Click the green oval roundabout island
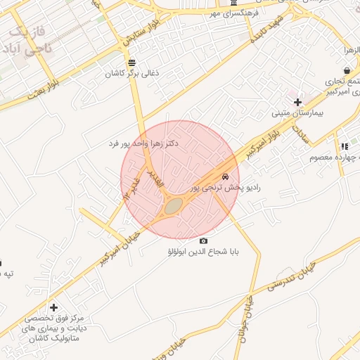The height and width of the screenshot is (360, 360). point(173,206)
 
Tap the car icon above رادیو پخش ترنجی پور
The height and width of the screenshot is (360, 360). point(225,176)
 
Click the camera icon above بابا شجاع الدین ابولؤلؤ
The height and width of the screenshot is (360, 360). point(204,240)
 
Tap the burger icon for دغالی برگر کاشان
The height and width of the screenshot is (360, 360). point(132,63)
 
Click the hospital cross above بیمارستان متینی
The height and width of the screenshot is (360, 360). point(298,102)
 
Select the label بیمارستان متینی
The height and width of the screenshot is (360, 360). point(298,113)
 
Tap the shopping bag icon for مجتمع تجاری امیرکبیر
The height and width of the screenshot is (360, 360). point(347,70)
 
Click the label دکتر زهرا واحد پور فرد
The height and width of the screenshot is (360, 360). point(143,143)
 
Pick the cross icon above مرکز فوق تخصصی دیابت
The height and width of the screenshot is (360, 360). point(53,307)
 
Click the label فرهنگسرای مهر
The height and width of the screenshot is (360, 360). point(234,13)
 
